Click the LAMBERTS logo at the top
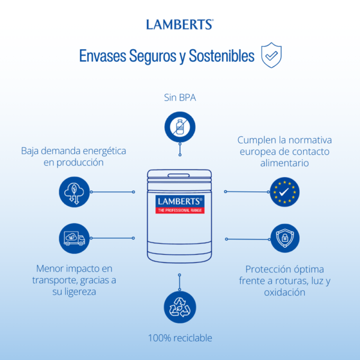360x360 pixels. (x=180, y=25)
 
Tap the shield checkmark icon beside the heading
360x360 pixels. (x=271, y=55)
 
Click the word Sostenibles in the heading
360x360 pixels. (x=221, y=56)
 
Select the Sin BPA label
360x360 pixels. (x=180, y=98)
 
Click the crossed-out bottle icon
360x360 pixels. (x=180, y=127)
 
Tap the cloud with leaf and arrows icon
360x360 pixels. (x=74, y=192)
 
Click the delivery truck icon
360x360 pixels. (x=74, y=238)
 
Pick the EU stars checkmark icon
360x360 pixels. (x=284, y=192)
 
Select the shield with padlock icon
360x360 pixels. (x=284, y=238)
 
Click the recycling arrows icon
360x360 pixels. (x=180, y=307)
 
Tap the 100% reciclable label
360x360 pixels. (x=180, y=338)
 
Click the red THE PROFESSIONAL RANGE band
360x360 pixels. (x=180, y=211)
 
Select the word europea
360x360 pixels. (x=254, y=152)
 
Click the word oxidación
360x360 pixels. (x=284, y=292)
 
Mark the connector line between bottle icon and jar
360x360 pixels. (x=180, y=149)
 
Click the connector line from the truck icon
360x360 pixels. (x=112, y=238)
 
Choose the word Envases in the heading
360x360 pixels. (x=103, y=56)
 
